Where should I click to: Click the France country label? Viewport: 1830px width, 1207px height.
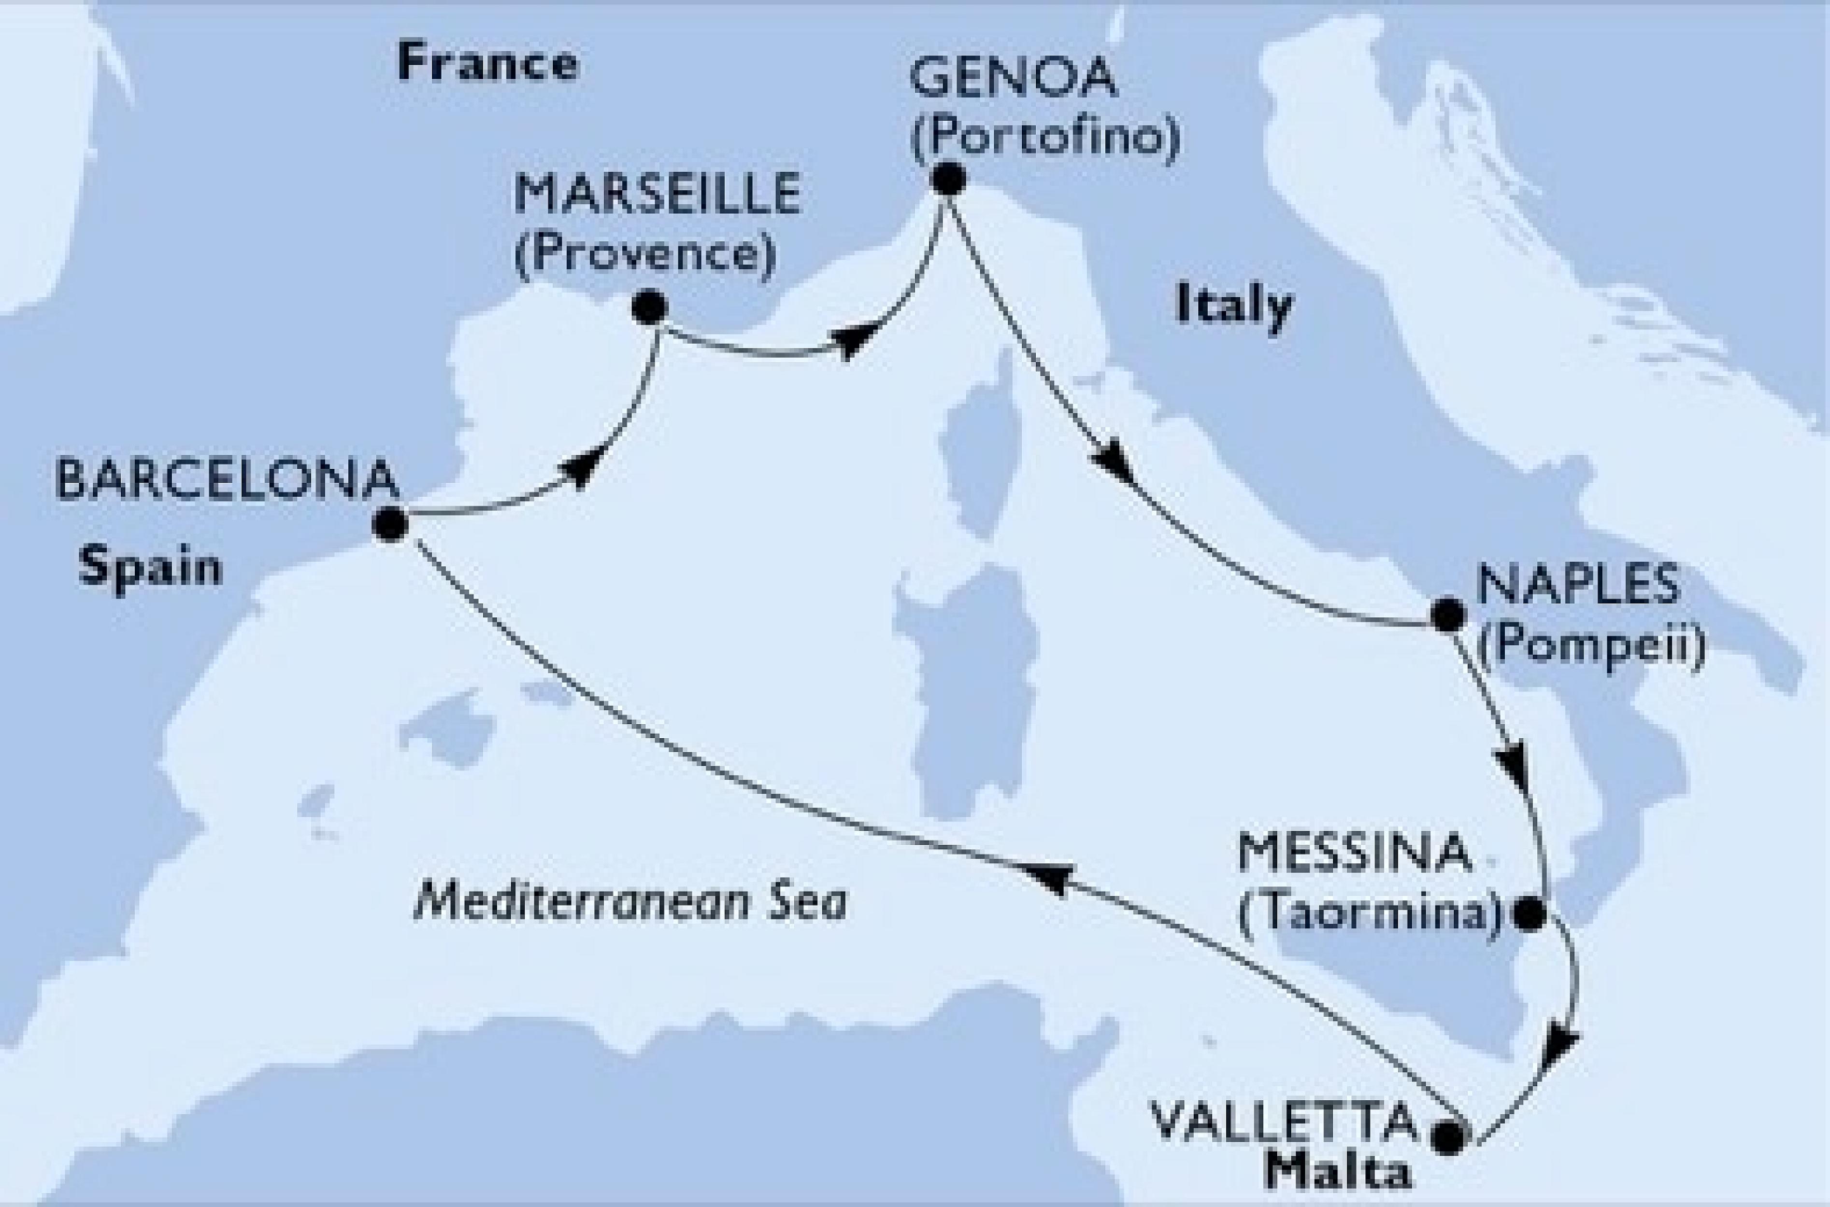coord(487,65)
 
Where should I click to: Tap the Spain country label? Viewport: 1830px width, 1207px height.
coord(149,570)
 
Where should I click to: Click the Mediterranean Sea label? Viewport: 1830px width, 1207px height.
coord(630,904)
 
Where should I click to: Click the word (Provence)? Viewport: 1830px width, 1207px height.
coord(644,254)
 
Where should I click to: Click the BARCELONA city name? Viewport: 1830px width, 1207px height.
coord(228,483)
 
